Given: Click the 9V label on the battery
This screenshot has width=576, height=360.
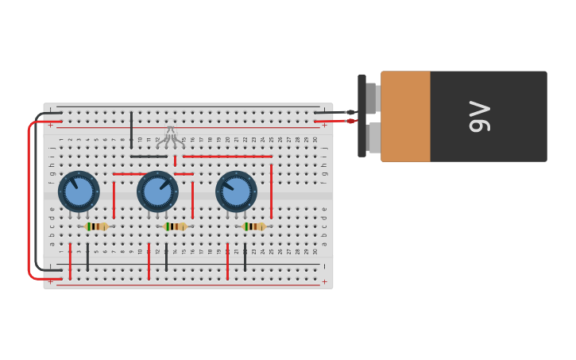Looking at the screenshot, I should pyautogui.click(x=478, y=116).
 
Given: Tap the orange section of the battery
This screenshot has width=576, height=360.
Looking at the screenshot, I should pyautogui.click(x=405, y=116).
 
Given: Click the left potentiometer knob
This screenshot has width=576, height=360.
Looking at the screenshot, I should pyautogui.click(x=79, y=192).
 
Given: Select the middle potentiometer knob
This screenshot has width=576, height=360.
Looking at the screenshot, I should pyautogui.click(x=157, y=192).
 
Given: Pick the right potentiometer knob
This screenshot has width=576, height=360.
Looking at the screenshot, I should pyautogui.click(x=236, y=192).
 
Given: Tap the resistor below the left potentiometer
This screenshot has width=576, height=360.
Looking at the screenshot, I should pyautogui.click(x=96, y=226).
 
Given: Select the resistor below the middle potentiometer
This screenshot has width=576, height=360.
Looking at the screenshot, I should pyautogui.click(x=175, y=226).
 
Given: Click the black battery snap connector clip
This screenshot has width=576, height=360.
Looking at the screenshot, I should pyautogui.click(x=361, y=116).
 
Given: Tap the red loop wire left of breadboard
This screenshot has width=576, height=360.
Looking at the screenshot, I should pyautogui.click(x=29, y=199).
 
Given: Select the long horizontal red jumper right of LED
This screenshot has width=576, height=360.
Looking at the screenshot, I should pyautogui.click(x=227, y=157).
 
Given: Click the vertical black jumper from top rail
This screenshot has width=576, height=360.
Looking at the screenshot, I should pyautogui.click(x=131, y=131).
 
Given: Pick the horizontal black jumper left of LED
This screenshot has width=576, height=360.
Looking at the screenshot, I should pyautogui.click(x=149, y=157).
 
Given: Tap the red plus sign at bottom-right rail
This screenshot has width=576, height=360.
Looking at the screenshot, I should pyautogui.click(x=324, y=281).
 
